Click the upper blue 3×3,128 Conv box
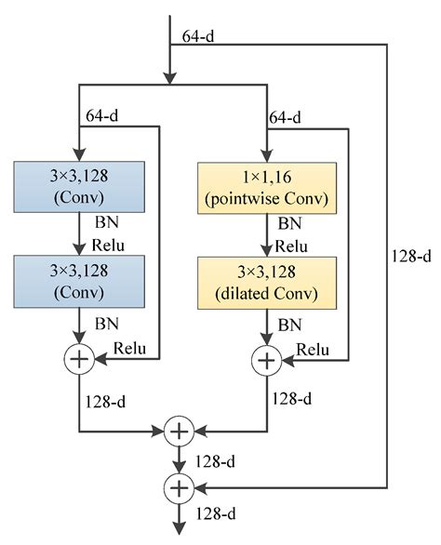(80, 187)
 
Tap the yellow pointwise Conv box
(266, 187)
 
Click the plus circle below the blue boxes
(80, 359)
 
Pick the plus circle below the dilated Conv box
(267, 359)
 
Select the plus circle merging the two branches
(177, 431)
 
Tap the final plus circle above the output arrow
(177, 485)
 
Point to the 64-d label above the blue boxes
(102, 118)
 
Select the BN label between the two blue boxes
(105, 224)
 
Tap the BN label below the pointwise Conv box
(291, 224)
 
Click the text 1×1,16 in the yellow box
(266, 175)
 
